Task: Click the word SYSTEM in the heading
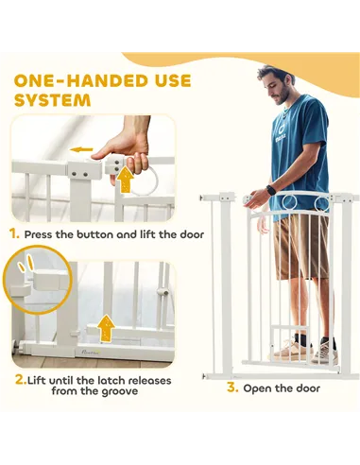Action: pos(53,100)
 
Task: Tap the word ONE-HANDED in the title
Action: pos(79,80)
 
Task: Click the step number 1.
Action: pos(14,234)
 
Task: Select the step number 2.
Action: pos(21,380)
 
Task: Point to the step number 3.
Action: pos(232,387)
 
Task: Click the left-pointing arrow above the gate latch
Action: pos(81,149)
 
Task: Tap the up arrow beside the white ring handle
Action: pos(126,180)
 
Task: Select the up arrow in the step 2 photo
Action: pos(106,328)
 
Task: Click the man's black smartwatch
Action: pos(271,190)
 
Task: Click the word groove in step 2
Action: pos(120,391)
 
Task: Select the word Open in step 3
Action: pos(257,388)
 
